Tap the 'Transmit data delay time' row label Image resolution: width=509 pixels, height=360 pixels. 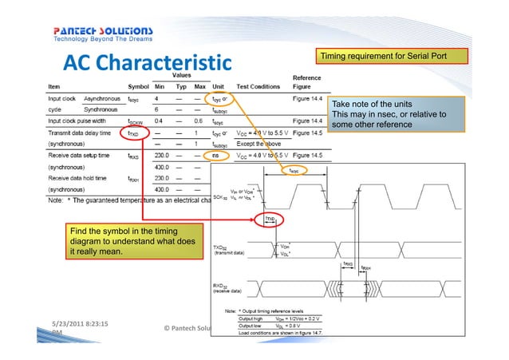pos(81,133)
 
